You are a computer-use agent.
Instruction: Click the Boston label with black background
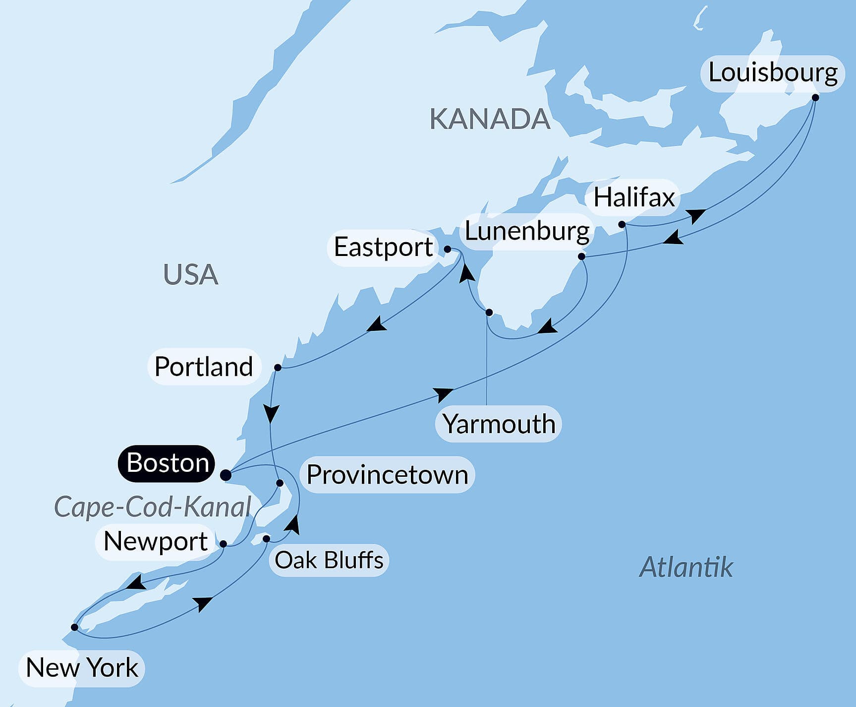(167, 463)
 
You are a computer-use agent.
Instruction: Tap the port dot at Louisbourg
(815, 98)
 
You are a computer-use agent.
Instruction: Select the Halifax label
(633, 197)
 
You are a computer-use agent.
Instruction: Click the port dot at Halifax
(622, 225)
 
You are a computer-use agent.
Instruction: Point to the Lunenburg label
(526, 232)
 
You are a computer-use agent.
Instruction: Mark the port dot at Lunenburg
(581, 257)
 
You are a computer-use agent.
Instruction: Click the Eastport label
(383, 247)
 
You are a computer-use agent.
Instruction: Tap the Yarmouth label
(498, 424)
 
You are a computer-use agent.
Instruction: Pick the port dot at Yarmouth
(489, 313)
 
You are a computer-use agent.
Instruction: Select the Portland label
(204, 367)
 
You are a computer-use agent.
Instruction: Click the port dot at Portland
(278, 368)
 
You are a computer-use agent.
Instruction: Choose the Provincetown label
(387, 475)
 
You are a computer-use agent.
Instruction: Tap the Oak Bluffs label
(329, 560)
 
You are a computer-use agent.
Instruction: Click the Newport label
(155, 541)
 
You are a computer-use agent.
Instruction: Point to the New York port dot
(74, 627)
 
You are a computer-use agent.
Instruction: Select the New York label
(82, 668)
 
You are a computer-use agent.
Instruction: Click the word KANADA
(489, 119)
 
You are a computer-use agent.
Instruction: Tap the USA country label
(190, 274)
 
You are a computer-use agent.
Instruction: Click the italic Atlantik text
(685, 567)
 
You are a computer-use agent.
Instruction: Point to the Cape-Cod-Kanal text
(152, 507)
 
